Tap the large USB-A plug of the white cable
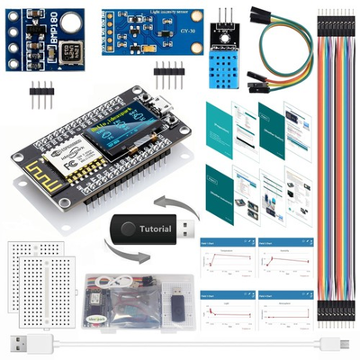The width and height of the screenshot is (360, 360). click(x=22, y=343)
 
